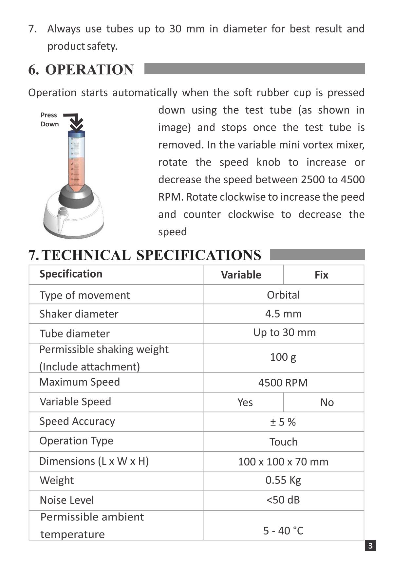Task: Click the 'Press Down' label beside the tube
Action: click(49, 119)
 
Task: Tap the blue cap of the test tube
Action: click(76, 134)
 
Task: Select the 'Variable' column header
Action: click(241, 275)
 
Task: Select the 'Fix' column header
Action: click(321, 275)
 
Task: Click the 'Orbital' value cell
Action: click(283, 295)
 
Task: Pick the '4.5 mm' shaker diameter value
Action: click(283, 314)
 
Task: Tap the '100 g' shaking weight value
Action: click(283, 357)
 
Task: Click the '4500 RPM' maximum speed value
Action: click(283, 383)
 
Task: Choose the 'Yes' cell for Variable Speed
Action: click(245, 402)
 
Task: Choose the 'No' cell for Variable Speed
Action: click(327, 402)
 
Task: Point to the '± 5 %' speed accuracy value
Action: click(283, 422)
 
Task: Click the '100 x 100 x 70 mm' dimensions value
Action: click(283, 462)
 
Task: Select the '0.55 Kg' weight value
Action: click(283, 480)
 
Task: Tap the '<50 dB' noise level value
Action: click(283, 500)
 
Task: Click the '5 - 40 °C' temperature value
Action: click(283, 531)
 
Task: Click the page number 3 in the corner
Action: click(370, 546)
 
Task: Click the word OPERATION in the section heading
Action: click(89, 70)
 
